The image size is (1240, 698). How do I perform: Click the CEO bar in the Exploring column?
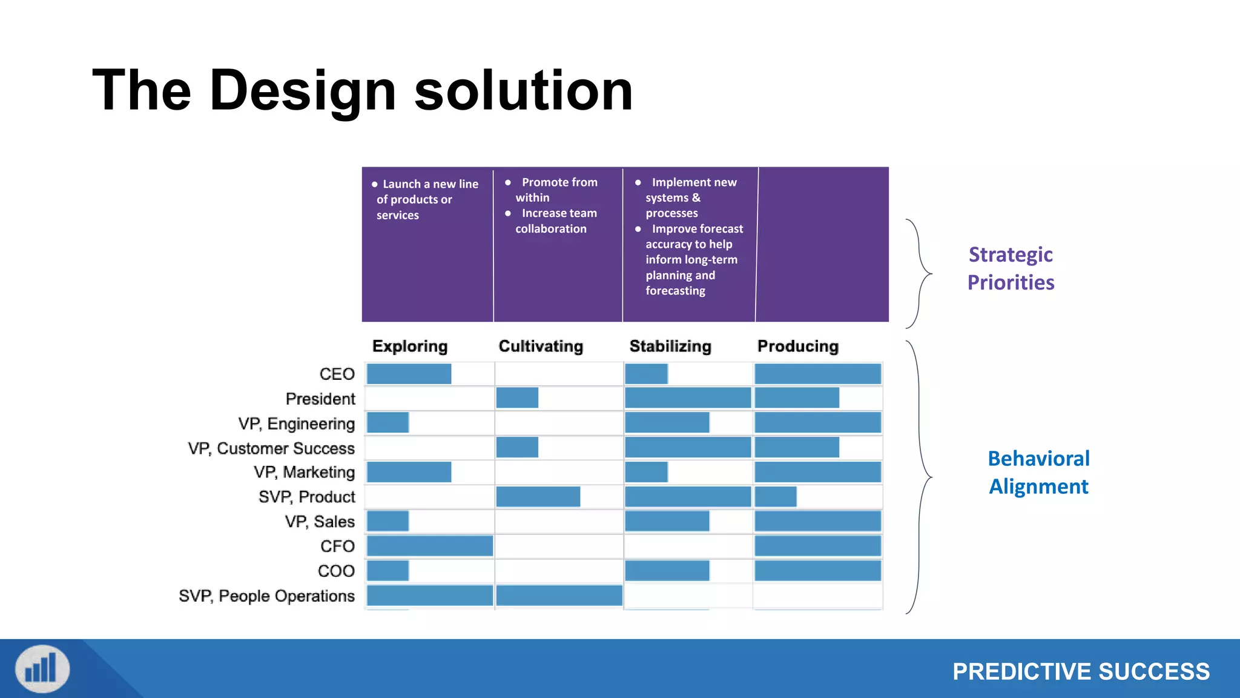click(409, 374)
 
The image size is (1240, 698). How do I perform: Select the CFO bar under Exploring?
click(429, 546)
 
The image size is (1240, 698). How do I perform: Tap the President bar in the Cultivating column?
click(517, 398)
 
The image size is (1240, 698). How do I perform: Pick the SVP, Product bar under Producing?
click(776, 497)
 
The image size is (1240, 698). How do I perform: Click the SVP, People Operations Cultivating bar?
click(559, 596)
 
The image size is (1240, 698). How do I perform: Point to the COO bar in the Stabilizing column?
click(667, 571)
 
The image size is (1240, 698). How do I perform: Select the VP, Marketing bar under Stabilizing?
click(646, 472)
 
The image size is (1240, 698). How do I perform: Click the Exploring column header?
click(410, 346)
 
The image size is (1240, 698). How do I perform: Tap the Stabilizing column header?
click(670, 346)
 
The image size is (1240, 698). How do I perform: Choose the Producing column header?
click(798, 346)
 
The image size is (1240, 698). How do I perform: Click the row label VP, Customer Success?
click(271, 448)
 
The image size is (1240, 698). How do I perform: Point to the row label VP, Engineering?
click(296, 424)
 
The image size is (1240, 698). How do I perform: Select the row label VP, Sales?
click(320, 522)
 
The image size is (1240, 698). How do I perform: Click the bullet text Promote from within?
click(556, 190)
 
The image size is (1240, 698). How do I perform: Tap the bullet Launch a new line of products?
click(427, 199)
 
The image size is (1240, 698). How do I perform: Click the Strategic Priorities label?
click(1011, 268)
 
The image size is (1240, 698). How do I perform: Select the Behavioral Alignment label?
click(1038, 473)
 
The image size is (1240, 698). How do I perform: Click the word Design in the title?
click(303, 91)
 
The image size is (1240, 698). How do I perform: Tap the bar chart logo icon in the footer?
click(42, 669)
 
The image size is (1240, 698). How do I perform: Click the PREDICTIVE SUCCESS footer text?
click(1081, 672)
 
